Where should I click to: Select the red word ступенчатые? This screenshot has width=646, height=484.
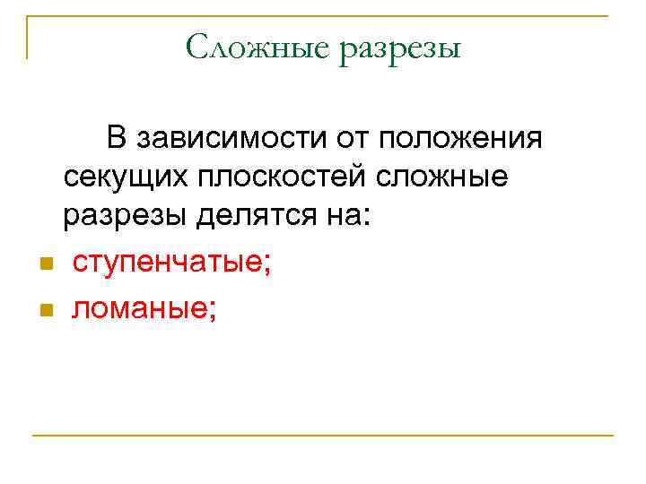(x=168, y=264)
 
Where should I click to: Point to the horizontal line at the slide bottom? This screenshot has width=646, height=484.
(x=323, y=436)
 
